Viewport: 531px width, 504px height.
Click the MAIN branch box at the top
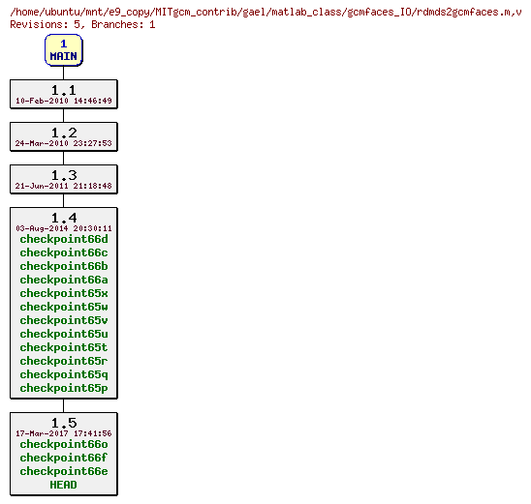(63, 50)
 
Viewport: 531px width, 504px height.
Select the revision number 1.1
(64, 90)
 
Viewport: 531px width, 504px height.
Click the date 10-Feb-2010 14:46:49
(64, 101)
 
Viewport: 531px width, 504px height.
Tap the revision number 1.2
(64, 133)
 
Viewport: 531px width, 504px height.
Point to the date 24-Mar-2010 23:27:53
(64, 143)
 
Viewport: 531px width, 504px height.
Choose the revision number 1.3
(64, 175)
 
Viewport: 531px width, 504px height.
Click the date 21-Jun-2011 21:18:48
(64, 186)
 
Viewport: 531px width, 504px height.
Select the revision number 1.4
(64, 218)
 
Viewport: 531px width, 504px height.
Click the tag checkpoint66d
(64, 239)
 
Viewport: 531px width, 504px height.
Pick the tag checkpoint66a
(64, 280)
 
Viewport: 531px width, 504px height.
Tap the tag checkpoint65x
(64, 293)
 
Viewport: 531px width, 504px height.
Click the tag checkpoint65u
(64, 334)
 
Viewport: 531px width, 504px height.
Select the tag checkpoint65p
(64, 388)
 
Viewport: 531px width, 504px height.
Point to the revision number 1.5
(64, 423)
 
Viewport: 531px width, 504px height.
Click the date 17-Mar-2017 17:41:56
(64, 433)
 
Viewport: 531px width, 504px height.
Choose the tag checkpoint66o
(64, 445)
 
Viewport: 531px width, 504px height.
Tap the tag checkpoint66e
(64, 472)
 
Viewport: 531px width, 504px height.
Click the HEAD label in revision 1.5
(64, 486)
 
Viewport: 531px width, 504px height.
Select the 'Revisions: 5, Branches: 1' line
(82, 24)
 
